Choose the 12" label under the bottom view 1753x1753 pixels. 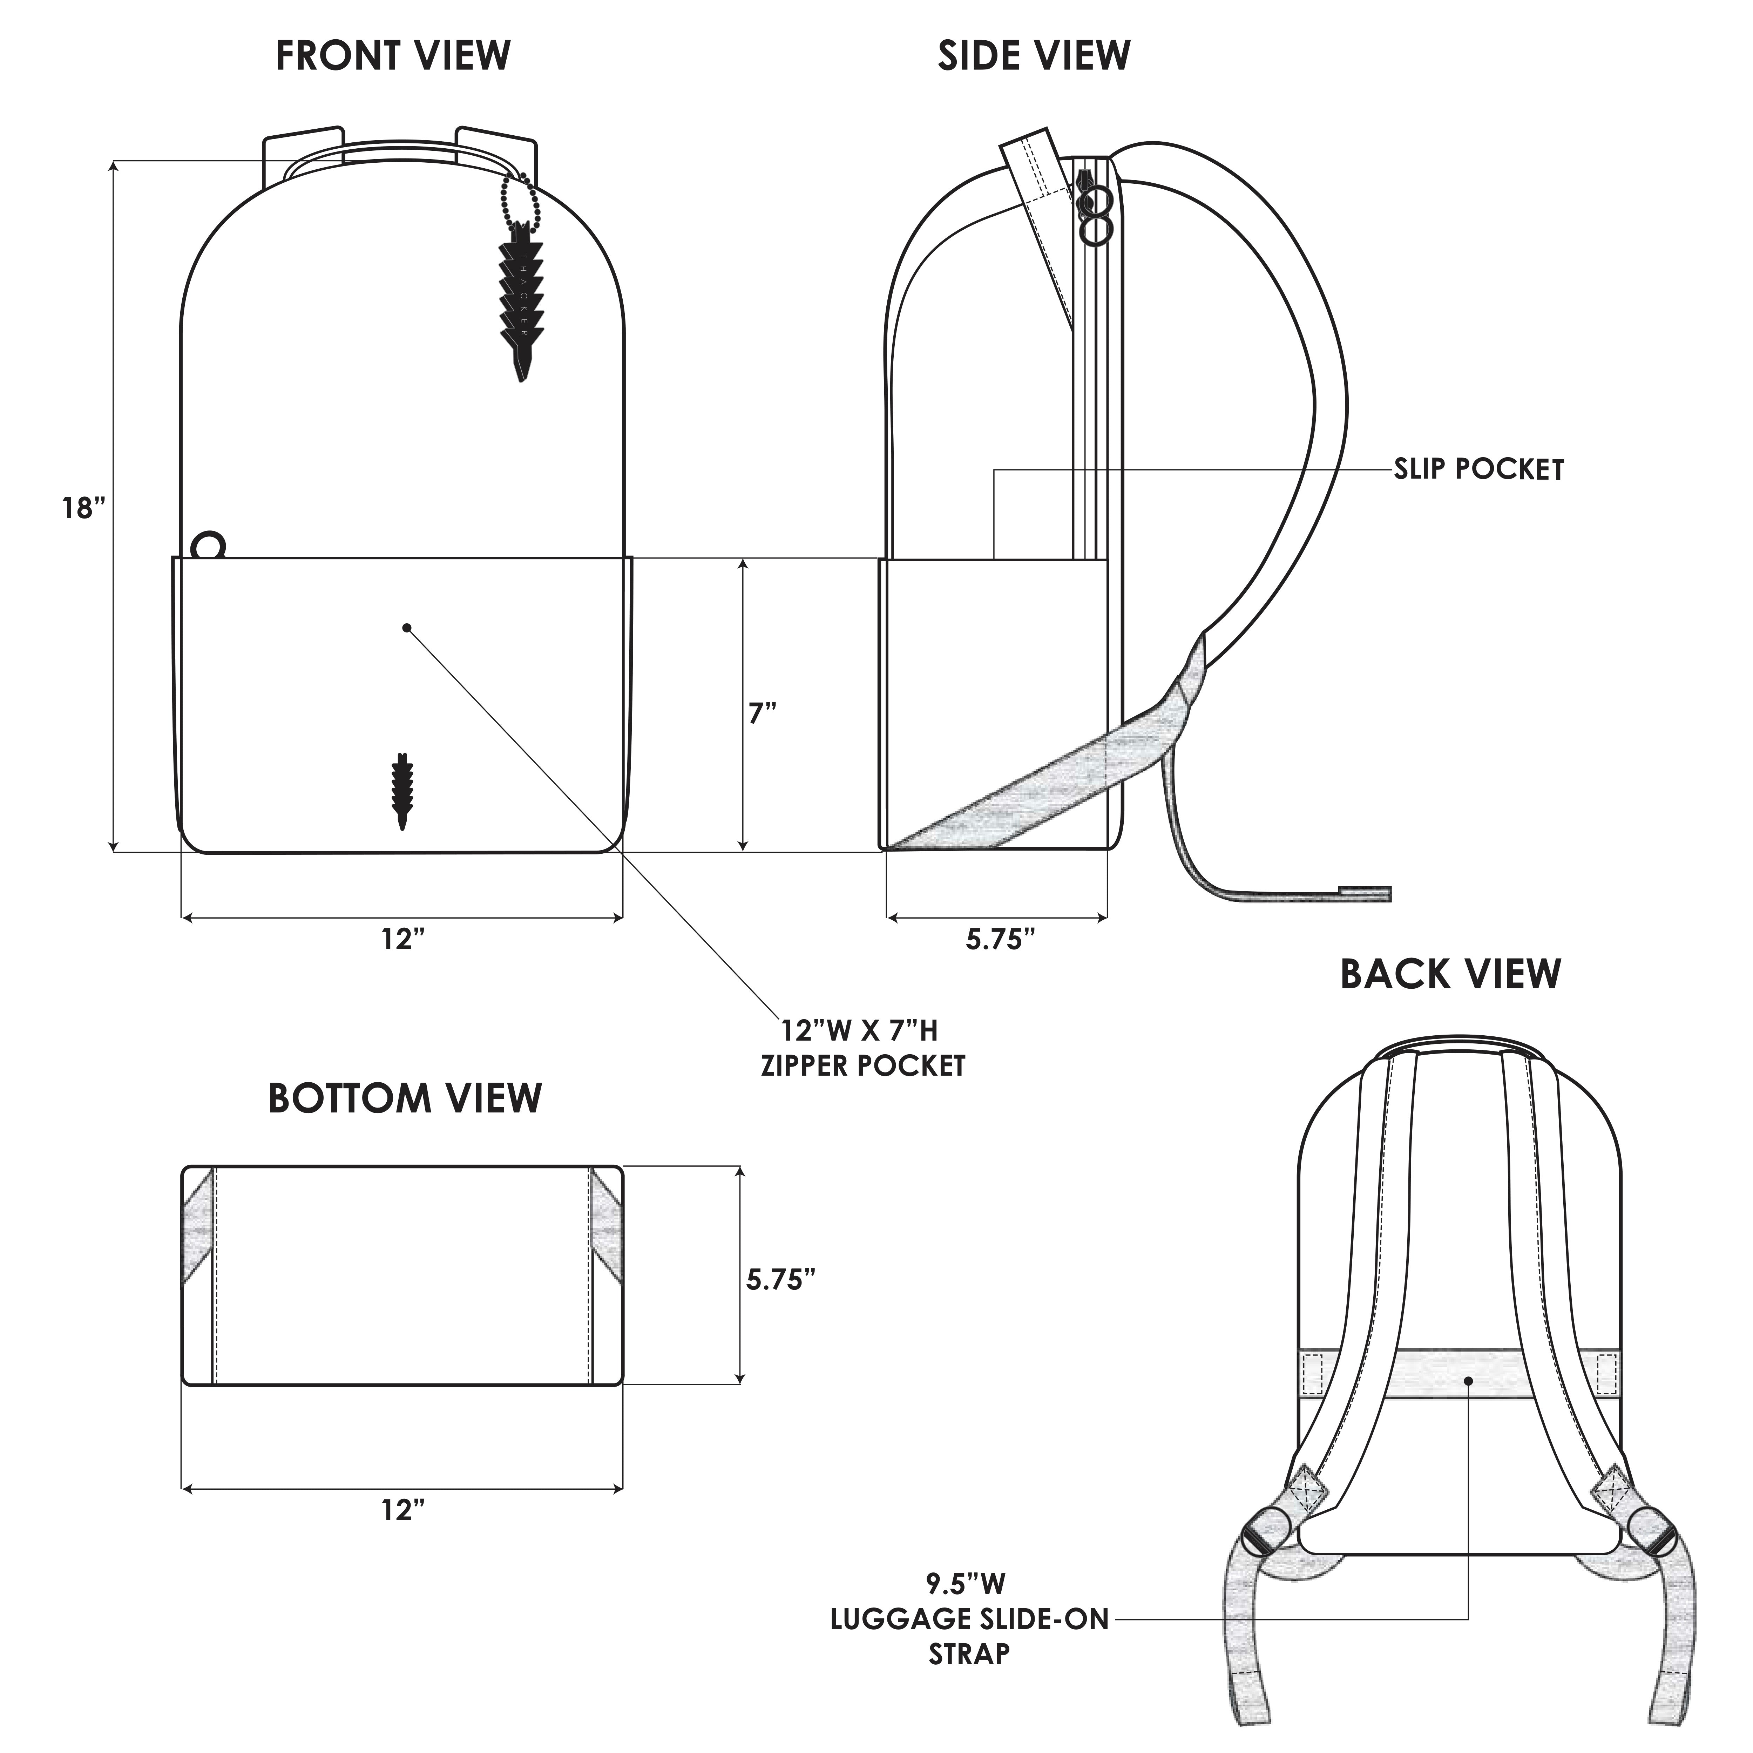(x=403, y=1511)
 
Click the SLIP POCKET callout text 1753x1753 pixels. (x=1479, y=470)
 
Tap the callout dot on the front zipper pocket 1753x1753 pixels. (x=406, y=627)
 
